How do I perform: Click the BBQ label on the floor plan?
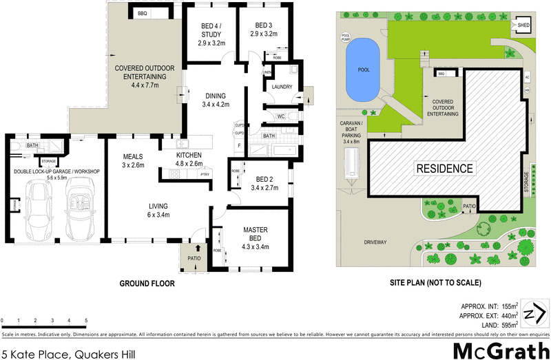tap(143, 14)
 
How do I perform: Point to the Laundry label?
tap(282, 87)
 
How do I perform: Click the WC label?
tap(281, 116)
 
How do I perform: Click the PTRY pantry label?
tap(205, 175)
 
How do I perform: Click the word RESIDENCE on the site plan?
tap(444, 169)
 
